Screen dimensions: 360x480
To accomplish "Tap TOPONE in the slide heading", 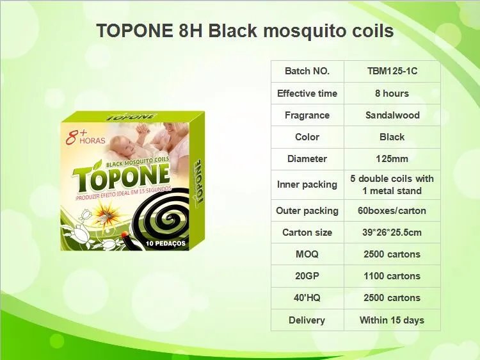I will pos(132,31).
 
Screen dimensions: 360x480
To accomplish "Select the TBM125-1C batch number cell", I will pos(392,71).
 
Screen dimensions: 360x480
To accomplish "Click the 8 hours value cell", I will pos(392,93).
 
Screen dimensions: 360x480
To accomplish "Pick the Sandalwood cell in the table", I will pos(392,115).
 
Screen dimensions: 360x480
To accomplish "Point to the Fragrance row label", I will pos(307,115).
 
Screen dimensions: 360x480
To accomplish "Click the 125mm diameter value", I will pos(392,159).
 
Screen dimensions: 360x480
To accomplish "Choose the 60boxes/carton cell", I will pos(392,211).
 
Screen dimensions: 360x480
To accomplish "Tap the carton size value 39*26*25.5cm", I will pos(392,233).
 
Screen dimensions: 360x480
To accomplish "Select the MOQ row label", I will pos(307,254).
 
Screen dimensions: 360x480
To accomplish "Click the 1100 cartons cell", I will pos(392,276).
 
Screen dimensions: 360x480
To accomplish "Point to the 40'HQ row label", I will pos(307,298).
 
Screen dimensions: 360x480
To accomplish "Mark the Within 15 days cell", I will pos(392,320).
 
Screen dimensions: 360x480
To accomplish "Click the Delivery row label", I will pos(307,320).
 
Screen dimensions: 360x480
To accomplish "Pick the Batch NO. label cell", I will pos(307,71).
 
